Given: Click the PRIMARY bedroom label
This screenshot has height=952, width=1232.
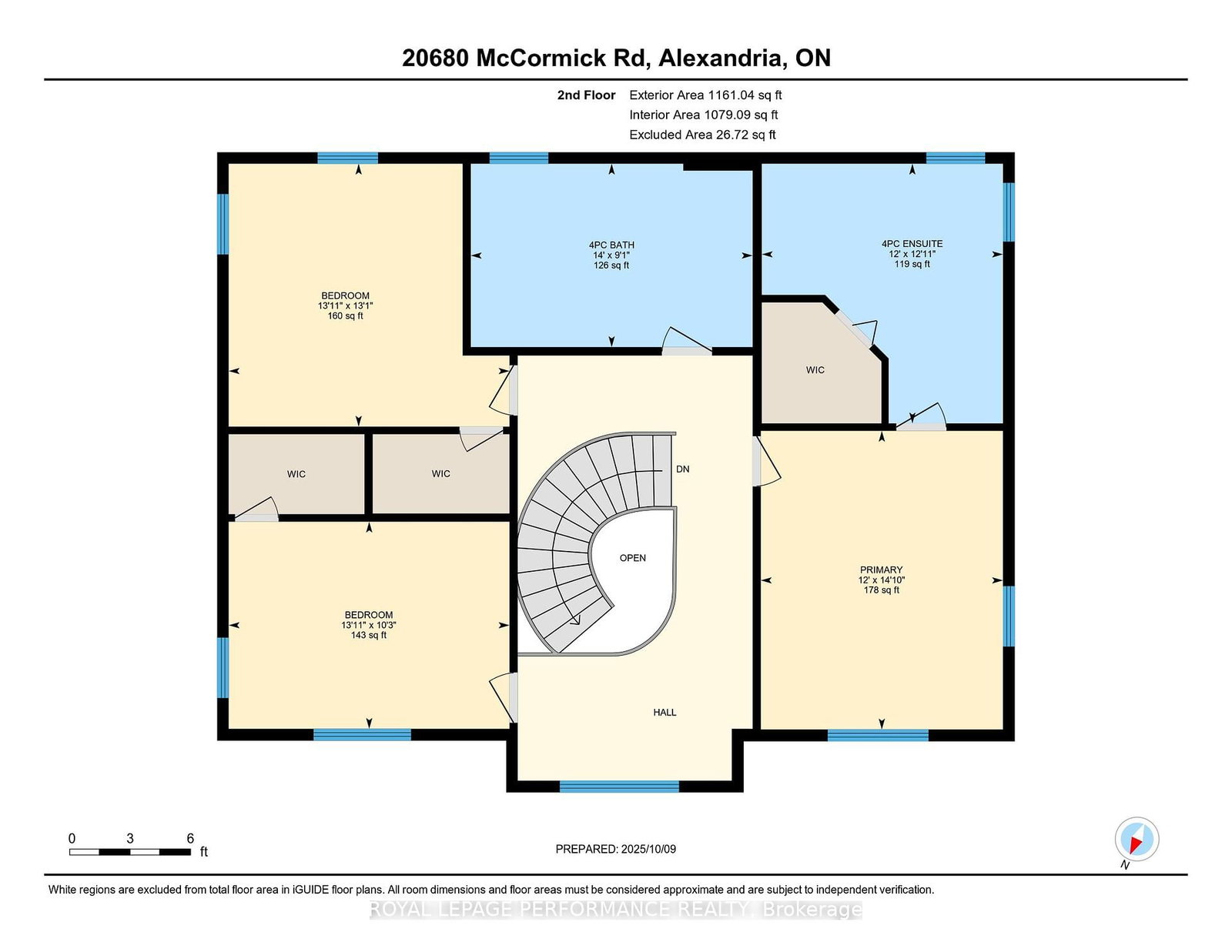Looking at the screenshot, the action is [x=881, y=570].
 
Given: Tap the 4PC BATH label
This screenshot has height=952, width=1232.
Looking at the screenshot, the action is [x=611, y=246].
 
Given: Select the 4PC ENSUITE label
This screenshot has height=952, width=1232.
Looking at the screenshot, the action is [x=912, y=244].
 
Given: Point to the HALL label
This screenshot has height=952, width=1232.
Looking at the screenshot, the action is [x=665, y=713].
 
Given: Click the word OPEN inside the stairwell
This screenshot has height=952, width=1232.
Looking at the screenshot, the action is [x=633, y=558].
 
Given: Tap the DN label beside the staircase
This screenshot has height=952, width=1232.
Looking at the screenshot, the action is [x=683, y=469].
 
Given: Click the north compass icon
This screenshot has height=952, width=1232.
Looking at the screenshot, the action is [x=1137, y=839].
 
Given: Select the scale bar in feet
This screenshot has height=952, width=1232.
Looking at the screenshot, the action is [x=130, y=852].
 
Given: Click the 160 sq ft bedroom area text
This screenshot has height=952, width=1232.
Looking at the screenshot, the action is [x=345, y=316].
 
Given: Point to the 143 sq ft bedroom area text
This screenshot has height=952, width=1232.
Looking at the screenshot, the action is [x=369, y=635].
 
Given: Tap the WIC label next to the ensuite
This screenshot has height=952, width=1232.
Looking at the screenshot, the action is [x=815, y=370].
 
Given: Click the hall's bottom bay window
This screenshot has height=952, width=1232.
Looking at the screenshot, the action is [x=619, y=787].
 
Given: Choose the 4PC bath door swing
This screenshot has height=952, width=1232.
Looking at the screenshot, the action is [x=687, y=341].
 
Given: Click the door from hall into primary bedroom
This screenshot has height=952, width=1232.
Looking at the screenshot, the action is [x=765, y=460].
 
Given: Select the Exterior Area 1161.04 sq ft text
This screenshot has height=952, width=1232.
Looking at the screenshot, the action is [x=705, y=95].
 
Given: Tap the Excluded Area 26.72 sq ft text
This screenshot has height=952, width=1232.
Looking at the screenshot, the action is [x=702, y=135].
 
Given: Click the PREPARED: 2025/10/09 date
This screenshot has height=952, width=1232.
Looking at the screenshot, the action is [x=616, y=849].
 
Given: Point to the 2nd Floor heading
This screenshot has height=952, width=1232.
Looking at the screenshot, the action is [x=586, y=95].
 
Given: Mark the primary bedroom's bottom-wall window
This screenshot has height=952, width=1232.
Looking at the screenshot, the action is [x=878, y=736].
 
